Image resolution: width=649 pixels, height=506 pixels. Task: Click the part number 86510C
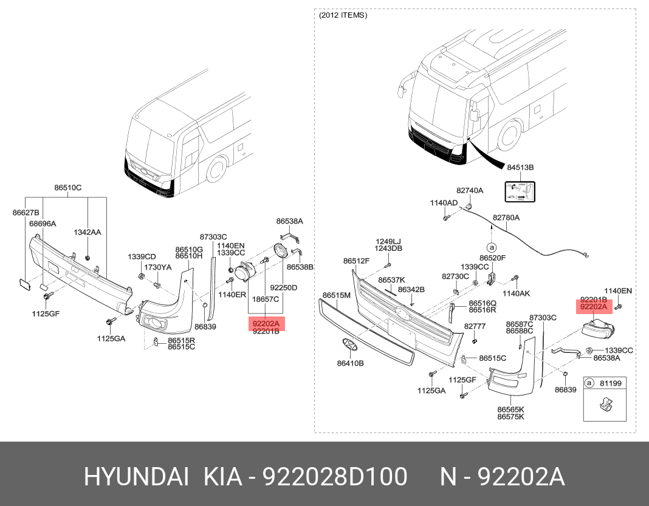point(68,188)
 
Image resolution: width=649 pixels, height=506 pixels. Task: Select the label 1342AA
point(88,232)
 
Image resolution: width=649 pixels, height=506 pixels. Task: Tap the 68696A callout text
point(43,224)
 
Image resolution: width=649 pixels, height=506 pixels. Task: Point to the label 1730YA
point(157,267)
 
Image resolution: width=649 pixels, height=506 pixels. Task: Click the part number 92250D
point(284,287)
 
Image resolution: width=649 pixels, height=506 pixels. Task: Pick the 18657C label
point(266,299)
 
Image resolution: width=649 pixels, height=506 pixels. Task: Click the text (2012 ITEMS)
point(343,15)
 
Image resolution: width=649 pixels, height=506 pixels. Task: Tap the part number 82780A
point(506,217)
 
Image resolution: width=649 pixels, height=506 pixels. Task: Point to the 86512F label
point(356,261)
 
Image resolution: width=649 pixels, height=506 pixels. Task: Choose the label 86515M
point(336,295)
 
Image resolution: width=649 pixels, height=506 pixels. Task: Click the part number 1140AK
point(516,293)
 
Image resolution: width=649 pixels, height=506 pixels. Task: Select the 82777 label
point(475,326)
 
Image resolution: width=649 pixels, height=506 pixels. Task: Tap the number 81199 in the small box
point(611,383)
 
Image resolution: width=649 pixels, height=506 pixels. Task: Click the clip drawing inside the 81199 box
point(608,403)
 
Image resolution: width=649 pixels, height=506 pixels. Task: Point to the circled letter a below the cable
point(491,247)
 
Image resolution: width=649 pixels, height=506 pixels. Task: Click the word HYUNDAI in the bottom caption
point(136,477)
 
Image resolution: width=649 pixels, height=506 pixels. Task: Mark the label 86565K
point(510,409)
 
